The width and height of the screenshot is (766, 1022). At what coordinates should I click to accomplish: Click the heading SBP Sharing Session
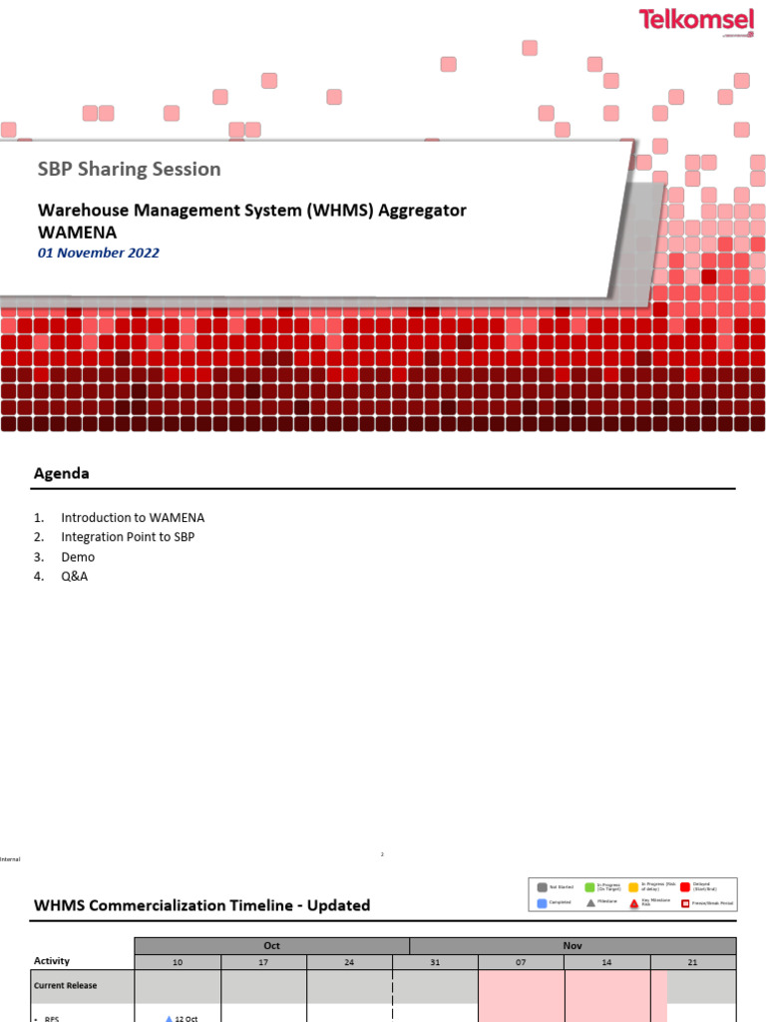130,170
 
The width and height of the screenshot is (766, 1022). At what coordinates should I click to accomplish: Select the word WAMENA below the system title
77,232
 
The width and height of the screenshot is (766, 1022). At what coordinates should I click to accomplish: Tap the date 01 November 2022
99,254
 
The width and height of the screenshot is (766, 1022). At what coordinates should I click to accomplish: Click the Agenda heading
62,474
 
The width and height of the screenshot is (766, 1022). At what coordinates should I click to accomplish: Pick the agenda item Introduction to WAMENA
132,518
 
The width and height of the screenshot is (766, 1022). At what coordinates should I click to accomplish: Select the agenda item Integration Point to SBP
128,537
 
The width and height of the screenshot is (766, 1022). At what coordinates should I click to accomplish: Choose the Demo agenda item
78,557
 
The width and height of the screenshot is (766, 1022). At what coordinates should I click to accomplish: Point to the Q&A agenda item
74,576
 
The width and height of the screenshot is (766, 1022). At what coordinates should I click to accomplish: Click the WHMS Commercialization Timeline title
201,906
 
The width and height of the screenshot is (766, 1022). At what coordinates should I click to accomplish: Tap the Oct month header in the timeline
271,945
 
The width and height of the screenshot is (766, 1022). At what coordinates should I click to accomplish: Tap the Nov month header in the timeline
573,945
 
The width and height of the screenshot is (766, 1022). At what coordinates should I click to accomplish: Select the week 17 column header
263,962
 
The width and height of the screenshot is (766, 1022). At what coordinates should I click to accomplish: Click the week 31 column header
436,962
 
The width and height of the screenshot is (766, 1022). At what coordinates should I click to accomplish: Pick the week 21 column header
693,962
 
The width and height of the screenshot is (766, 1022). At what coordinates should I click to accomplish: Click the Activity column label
52,961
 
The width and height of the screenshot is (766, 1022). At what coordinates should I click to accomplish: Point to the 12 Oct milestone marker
170,1018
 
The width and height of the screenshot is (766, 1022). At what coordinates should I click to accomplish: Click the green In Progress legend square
589,886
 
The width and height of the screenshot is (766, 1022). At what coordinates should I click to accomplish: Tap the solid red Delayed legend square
685,886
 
